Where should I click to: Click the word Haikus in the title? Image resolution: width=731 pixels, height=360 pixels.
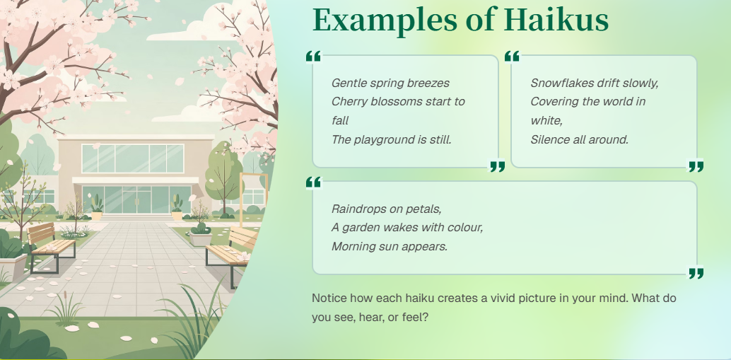(x=556, y=20)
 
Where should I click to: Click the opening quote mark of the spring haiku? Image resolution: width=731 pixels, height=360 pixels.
(x=314, y=57)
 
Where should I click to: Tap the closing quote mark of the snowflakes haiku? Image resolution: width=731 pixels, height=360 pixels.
(x=696, y=166)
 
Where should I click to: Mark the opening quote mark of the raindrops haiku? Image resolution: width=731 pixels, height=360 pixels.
(x=314, y=182)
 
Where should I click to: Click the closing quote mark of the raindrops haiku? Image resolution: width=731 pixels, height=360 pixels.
(x=696, y=273)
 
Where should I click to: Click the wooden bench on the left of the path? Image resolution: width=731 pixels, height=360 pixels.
(x=51, y=246)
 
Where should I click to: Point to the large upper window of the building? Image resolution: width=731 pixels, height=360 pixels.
(x=132, y=158)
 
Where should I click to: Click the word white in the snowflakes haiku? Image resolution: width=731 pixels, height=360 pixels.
(x=546, y=120)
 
